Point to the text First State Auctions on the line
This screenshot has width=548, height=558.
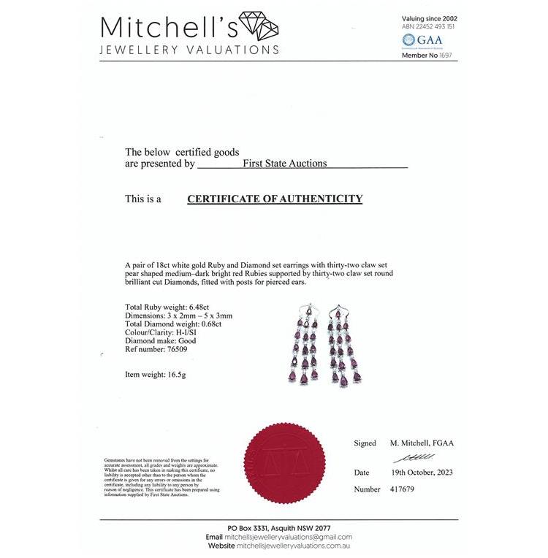[x=284, y=164]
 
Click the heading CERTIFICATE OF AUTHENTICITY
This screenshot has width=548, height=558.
[x=275, y=199]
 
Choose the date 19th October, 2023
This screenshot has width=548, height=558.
[x=422, y=473]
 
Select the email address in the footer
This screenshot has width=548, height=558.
[x=288, y=537]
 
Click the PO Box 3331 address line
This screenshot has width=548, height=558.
[x=278, y=528]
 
